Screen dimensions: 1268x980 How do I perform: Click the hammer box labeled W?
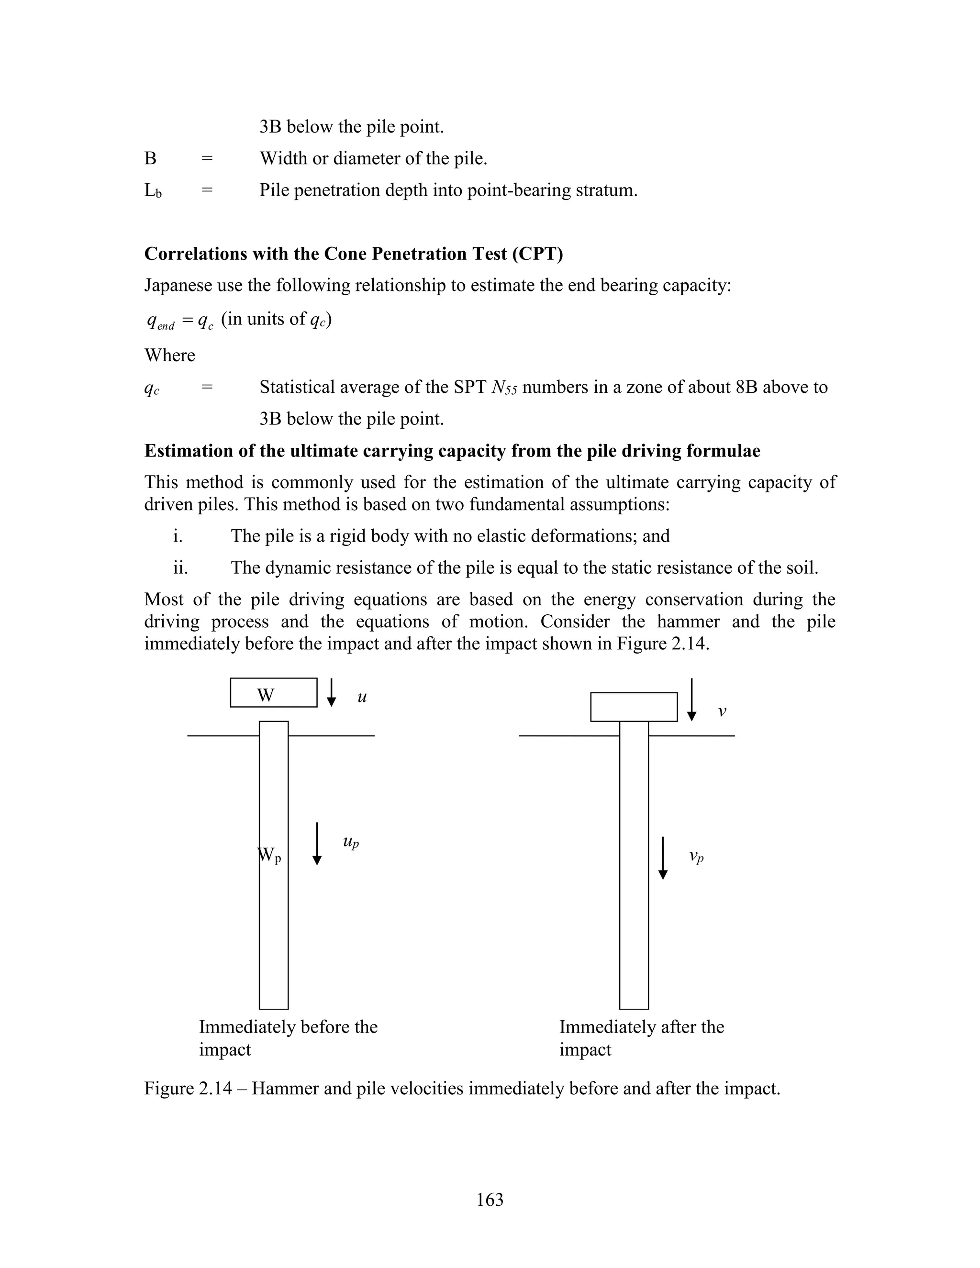pyautogui.click(x=273, y=693)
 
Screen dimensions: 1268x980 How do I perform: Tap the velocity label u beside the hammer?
pyautogui.click(x=362, y=697)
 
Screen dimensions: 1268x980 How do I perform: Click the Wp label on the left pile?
pyautogui.click(x=269, y=855)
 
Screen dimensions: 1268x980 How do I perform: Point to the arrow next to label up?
pyautogui.click(x=317, y=844)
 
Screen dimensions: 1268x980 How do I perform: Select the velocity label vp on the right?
pyautogui.click(x=696, y=856)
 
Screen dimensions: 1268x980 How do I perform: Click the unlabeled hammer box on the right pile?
pyautogui.click(x=634, y=707)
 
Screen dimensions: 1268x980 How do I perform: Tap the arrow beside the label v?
pyautogui.click(x=691, y=700)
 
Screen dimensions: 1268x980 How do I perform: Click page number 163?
pyautogui.click(x=490, y=1200)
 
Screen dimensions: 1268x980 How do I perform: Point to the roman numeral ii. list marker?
pyautogui.click(x=180, y=567)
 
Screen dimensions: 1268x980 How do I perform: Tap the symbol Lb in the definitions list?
pyautogui.click(x=153, y=191)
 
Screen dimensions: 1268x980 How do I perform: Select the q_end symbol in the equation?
pyautogui.click(x=161, y=321)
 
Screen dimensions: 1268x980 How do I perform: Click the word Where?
pyautogui.click(x=169, y=355)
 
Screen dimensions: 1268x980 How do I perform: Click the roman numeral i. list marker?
pyautogui.click(x=178, y=536)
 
